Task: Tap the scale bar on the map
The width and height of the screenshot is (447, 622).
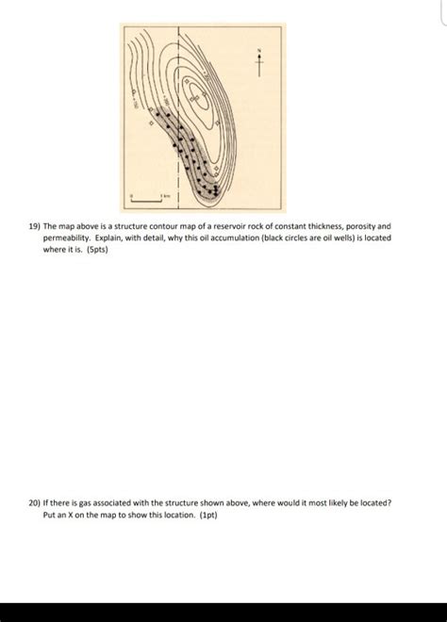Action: click(150, 199)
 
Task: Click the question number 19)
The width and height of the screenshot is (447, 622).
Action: click(35, 227)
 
